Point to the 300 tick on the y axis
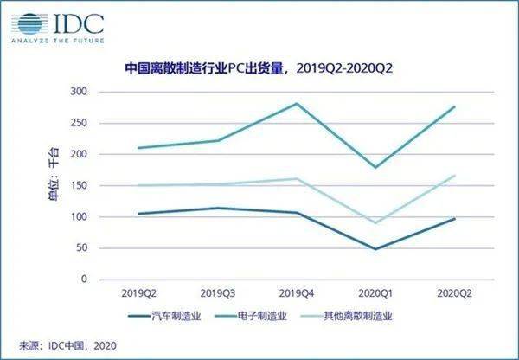[x=77, y=92]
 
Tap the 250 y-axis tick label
[x=77, y=123]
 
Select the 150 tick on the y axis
[x=77, y=185]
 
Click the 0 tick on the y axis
[x=83, y=280]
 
